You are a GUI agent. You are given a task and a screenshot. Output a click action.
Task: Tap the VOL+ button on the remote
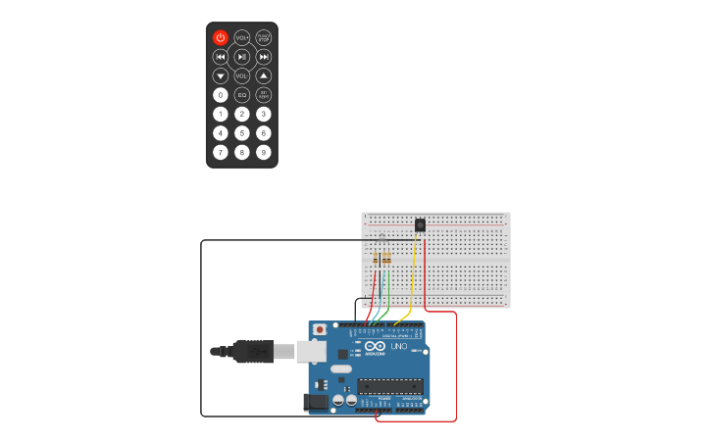click(242, 37)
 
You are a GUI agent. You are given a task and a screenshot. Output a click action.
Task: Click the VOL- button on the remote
click(242, 75)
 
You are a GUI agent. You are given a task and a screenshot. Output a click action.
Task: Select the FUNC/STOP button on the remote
click(264, 37)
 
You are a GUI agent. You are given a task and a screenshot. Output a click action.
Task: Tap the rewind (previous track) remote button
click(221, 57)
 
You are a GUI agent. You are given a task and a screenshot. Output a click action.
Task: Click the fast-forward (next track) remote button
click(264, 57)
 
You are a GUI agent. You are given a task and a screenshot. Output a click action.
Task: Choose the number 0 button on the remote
click(221, 95)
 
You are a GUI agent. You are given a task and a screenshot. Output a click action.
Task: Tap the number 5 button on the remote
click(242, 133)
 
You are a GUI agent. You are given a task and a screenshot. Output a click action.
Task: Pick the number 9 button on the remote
click(264, 152)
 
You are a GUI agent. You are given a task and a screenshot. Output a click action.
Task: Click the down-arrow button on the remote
click(221, 75)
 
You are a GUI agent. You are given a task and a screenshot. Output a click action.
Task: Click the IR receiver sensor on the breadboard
click(420, 225)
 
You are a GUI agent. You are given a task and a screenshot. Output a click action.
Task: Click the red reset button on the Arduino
click(320, 330)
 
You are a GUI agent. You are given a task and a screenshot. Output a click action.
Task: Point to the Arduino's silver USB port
click(311, 350)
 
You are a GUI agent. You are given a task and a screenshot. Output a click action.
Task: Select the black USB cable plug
click(253, 351)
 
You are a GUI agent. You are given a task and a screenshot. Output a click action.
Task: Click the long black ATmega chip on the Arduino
click(389, 385)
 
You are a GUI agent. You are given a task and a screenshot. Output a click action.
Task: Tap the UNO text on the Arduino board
click(399, 347)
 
